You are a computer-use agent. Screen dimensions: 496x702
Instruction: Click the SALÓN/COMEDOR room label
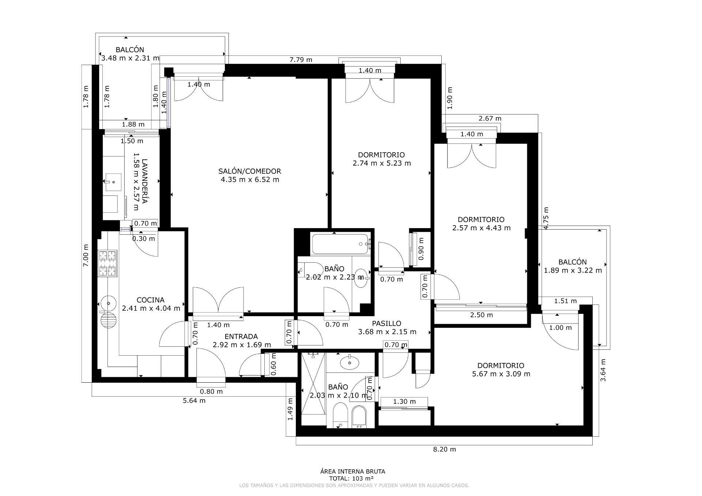point(250,171)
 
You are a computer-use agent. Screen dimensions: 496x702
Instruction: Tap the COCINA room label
point(150,300)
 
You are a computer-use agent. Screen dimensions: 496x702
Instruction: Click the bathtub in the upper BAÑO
point(341,245)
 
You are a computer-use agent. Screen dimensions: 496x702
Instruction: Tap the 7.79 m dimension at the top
point(301,60)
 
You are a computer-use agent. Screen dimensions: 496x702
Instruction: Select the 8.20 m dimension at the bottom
point(444,449)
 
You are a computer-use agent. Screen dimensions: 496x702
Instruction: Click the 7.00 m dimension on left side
point(86,255)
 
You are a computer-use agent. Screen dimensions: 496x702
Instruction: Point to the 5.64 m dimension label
point(194,401)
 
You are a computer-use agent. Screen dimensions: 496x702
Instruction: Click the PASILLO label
point(386,323)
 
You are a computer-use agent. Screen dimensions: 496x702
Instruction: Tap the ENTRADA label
point(241,337)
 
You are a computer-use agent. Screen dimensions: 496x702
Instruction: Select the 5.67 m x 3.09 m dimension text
point(501,374)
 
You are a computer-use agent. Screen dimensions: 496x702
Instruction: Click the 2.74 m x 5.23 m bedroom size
point(381,163)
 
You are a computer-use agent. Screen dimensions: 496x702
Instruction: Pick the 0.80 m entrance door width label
point(211,391)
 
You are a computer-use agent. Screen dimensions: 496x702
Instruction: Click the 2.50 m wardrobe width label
point(481,315)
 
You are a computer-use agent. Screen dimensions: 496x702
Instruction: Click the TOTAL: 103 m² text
point(351,478)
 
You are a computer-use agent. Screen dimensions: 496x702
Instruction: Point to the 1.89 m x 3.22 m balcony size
point(573,270)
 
